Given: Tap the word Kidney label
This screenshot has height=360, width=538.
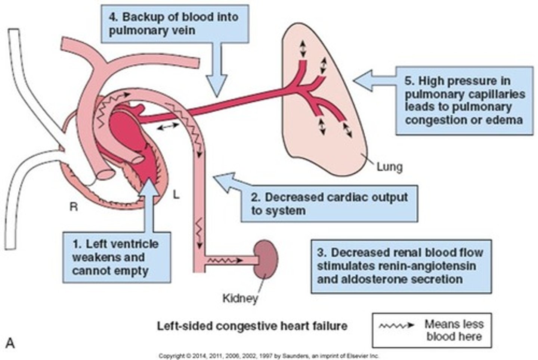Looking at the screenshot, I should click(240, 298).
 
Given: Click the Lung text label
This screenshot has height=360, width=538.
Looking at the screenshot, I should click(389, 167).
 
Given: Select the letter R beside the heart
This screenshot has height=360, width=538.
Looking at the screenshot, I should click(74, 207).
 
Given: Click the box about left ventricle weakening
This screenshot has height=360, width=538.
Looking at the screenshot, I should click(117, 257).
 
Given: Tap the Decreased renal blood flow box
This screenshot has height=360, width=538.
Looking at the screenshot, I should click(401, 266).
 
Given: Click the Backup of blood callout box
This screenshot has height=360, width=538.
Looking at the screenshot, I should click(175, 23).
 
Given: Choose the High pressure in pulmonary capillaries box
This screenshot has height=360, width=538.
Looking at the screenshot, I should click(464, 100).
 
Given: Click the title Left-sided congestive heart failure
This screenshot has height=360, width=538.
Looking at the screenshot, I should click(252, 326).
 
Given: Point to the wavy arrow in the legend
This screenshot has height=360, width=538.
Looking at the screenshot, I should click(397, 325).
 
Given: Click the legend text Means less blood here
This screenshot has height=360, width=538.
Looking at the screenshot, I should click(454, 330).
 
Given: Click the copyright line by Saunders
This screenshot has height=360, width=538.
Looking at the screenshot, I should click(269, 356).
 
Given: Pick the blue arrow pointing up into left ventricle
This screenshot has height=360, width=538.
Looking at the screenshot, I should click(152, 202).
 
